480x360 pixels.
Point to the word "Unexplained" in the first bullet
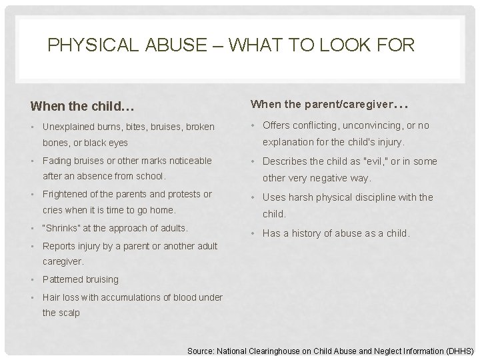tap(70, 127)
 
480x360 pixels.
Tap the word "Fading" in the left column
tap(56, 161)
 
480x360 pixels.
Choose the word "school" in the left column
tap(149, 177)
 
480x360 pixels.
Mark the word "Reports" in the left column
tap(59, 246)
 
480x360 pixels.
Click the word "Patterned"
tap(62, 279)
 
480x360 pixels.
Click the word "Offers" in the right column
tap(277, 125)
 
